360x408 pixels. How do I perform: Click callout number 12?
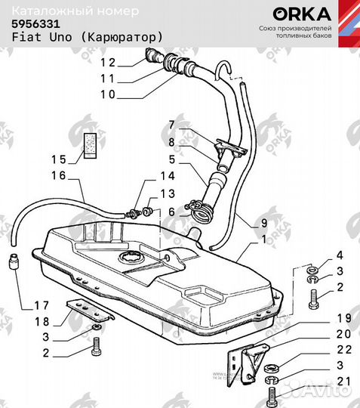(108, 63)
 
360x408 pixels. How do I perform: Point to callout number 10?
(108, 94)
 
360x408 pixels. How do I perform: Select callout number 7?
(171, 124)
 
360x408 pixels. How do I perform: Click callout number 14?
(167, 176)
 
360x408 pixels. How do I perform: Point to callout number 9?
(263, 222)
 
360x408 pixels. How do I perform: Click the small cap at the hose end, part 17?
(13, 264)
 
